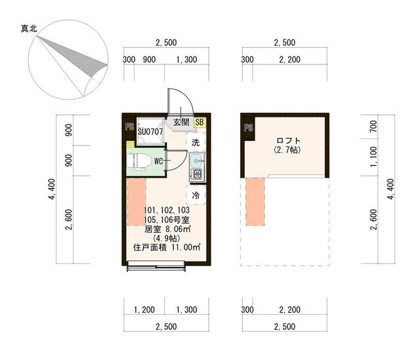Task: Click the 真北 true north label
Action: pyautogui.click(x=29, y=28)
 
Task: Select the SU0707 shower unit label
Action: pyautogui.click(x=150, y=132)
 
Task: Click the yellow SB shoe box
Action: pyautogui.click(x=199, y=123)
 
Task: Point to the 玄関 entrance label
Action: pyautogui.click(x=181, y=123)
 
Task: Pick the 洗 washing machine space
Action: pyautogui.click(x=196, y=142)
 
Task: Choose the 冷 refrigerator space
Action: pyautogui.click(x=196, y=195)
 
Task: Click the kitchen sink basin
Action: pyautogui.click(x=197, y=161)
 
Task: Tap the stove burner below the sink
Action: pyautogui.click(x=197, y=175)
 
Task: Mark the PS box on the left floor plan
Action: pyautogui.click(x=129, y=127)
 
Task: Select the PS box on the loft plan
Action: pyautogui.click(x=248, y=128)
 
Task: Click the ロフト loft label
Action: pyautogui.click(x=288, y=140)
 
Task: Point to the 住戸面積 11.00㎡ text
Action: pyautogui.click(x=167, y=247)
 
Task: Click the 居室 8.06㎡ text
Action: pyautogui.click(x=167, y=229)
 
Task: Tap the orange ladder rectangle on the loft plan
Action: pyautogui.click(x=255, y=202)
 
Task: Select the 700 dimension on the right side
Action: pyautogui.click(x=373, y=127)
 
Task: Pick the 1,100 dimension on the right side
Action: pyautogui.click(x=373, y=157)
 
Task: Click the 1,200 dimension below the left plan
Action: pyautogui.click(x=144, y=310)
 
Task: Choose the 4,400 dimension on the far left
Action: pyautogui.click(x=52, y=189)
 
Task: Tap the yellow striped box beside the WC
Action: pyautogui.click(x=130, y=144)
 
